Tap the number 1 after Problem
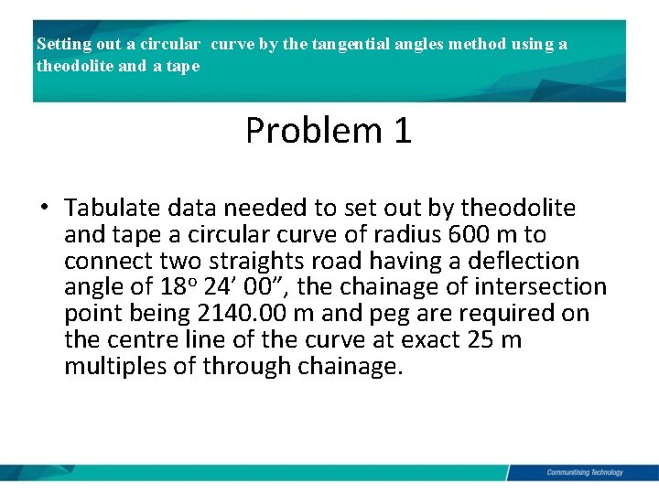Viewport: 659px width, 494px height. point(402,131)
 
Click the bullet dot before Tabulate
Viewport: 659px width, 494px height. point(44,208)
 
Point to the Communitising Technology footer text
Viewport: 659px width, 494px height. point(584,472)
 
